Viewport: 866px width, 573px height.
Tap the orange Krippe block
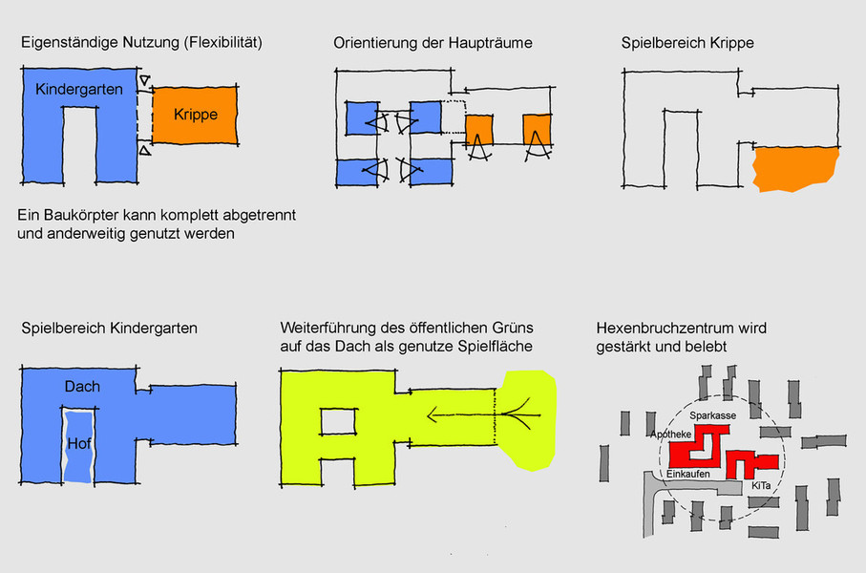tap(196, 115)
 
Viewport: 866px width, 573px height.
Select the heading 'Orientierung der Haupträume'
tap(433, 44)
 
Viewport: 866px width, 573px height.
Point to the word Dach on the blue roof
tap(82, 387)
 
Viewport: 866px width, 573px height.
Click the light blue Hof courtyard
tap(78, 444)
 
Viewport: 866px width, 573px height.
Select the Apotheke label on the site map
tap(671, 435)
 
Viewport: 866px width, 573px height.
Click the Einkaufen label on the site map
tap(686, 474)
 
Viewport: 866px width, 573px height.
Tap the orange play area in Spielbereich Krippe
tap(794, 169)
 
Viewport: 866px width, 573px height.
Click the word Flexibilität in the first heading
tap(222, 44)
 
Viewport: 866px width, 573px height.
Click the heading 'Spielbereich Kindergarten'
tap(109, 329)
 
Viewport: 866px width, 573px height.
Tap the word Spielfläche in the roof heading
tap(496, 346)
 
